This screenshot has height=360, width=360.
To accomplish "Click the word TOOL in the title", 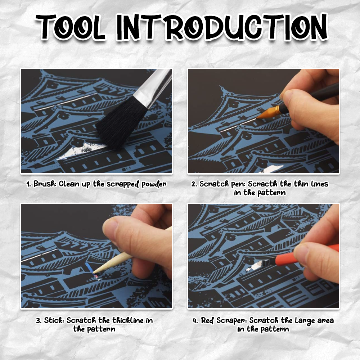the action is point(71,27).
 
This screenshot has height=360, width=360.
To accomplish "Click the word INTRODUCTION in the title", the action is point(222,27).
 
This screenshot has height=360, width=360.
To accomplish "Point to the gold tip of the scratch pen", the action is point(268,112).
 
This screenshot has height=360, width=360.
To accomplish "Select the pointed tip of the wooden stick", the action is point(94,271).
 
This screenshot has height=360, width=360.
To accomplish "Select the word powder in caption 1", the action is point(154,184).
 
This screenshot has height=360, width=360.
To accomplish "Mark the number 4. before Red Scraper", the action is point(195,320).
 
